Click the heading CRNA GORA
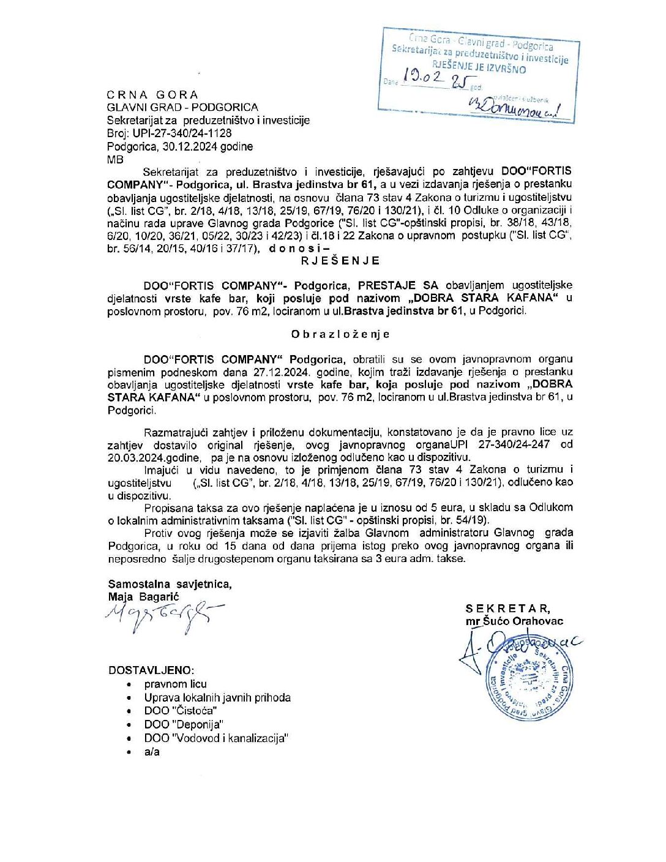point(152,95)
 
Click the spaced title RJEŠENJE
point(340,261)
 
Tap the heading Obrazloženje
point(340,334)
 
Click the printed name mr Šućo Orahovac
point(514,621)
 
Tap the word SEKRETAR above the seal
point(507,609)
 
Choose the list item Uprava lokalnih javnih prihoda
point(217,697)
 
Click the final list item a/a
point(152,752)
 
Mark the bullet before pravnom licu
point(129,684)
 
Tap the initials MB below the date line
point(115,160)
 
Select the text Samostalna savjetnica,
point(170,584)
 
